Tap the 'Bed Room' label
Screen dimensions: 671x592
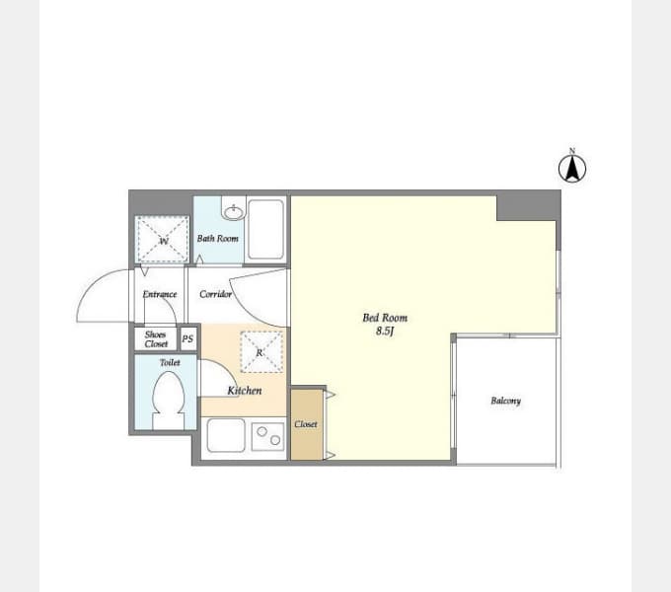385,318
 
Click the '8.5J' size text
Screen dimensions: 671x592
385,332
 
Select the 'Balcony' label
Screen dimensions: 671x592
506,401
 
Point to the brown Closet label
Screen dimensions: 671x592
306,424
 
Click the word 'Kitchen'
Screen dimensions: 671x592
245,391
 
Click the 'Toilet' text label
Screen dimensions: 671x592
170,363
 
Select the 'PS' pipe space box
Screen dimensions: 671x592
187,338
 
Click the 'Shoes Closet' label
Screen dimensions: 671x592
156,339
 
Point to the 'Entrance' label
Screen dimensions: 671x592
160,294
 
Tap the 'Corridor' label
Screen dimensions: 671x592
216,294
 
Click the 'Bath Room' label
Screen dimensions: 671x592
218,239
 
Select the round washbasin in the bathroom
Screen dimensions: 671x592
234,212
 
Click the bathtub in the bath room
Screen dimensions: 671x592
265,229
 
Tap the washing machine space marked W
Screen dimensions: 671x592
162,240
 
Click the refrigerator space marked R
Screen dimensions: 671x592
261,352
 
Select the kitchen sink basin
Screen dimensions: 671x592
226,435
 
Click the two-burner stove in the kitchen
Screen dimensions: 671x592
267,436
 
